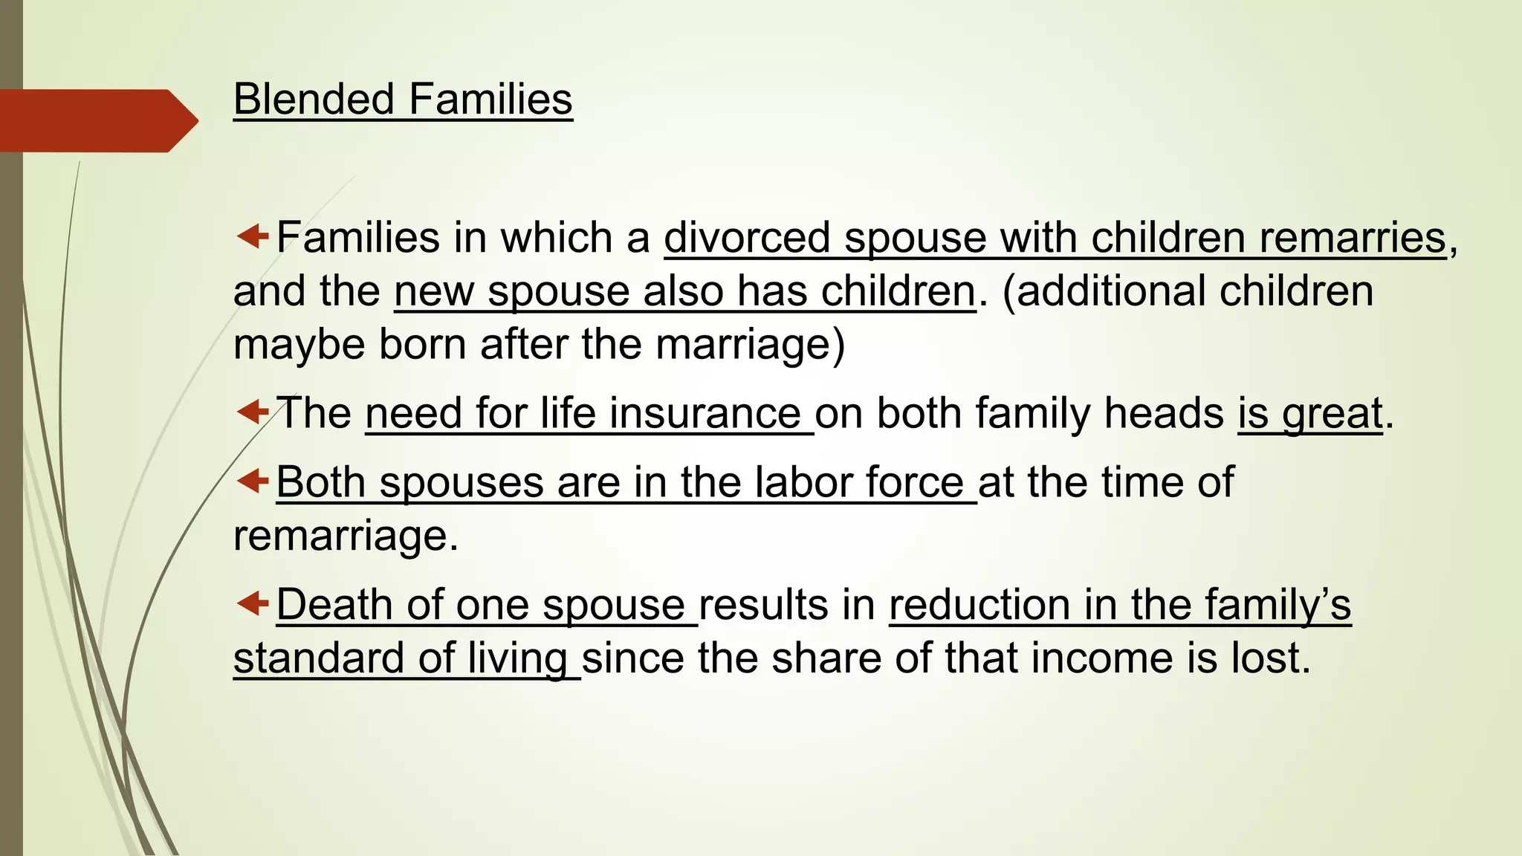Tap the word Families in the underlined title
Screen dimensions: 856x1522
pos(490,99)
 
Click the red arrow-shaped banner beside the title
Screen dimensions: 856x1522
pos(97,120)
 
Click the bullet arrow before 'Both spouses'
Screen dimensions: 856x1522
pos(252,481)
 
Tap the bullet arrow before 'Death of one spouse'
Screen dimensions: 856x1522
pos(252,603)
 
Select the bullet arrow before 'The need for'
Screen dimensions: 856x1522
pos(252,411)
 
